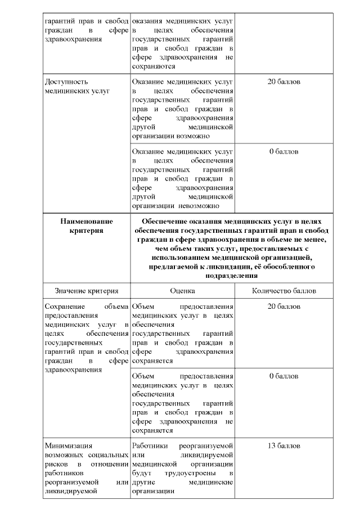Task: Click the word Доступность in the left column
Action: click(x=66, y=82)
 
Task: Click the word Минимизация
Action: click(x=68, y=445)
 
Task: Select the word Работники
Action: click(x=150, y=445)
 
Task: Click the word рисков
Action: click(x=56, y=463)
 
